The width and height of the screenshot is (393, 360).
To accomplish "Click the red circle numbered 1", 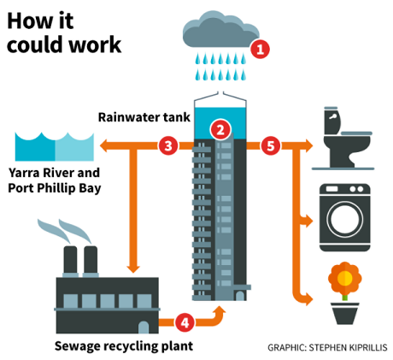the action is [260, 49].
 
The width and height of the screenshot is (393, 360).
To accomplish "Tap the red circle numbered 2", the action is [220, 130].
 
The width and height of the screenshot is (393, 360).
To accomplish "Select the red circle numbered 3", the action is [168, 145].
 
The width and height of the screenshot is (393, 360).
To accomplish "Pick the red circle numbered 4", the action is [185, 322].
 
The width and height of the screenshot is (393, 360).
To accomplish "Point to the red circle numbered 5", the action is [271, 145].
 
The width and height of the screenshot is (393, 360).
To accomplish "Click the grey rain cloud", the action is [220, 30].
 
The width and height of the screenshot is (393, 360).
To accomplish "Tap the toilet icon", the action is [343, 139].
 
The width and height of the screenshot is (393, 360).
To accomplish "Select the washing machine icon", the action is [345, 218].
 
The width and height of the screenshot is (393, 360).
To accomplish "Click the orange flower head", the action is [345, 278].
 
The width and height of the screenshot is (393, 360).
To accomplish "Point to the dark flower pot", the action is [345, 314].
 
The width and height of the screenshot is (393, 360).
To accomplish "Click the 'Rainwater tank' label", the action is [144, 117].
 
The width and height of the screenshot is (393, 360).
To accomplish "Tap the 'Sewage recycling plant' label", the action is [124, 346].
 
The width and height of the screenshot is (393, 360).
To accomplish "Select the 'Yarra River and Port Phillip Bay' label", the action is [55, 180].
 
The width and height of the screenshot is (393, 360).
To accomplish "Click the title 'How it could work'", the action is [64, 32].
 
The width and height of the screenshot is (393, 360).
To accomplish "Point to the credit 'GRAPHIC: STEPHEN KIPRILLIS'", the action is [327, 347].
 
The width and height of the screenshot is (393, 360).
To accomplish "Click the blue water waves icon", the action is [55, 147].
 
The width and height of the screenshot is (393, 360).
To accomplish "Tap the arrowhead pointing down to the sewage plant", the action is [133, 269].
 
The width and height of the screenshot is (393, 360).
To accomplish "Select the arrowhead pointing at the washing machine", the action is [308, 221].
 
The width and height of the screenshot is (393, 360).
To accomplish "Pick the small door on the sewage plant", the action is [144, 328].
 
